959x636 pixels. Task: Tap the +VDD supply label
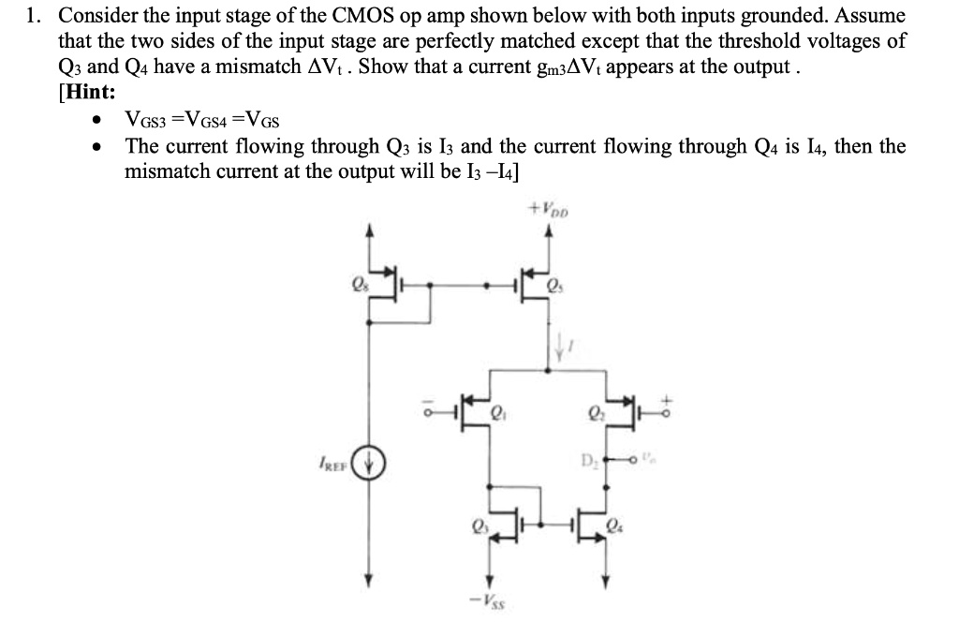point(546,207)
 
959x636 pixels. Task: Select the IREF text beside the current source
point(332,461)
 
